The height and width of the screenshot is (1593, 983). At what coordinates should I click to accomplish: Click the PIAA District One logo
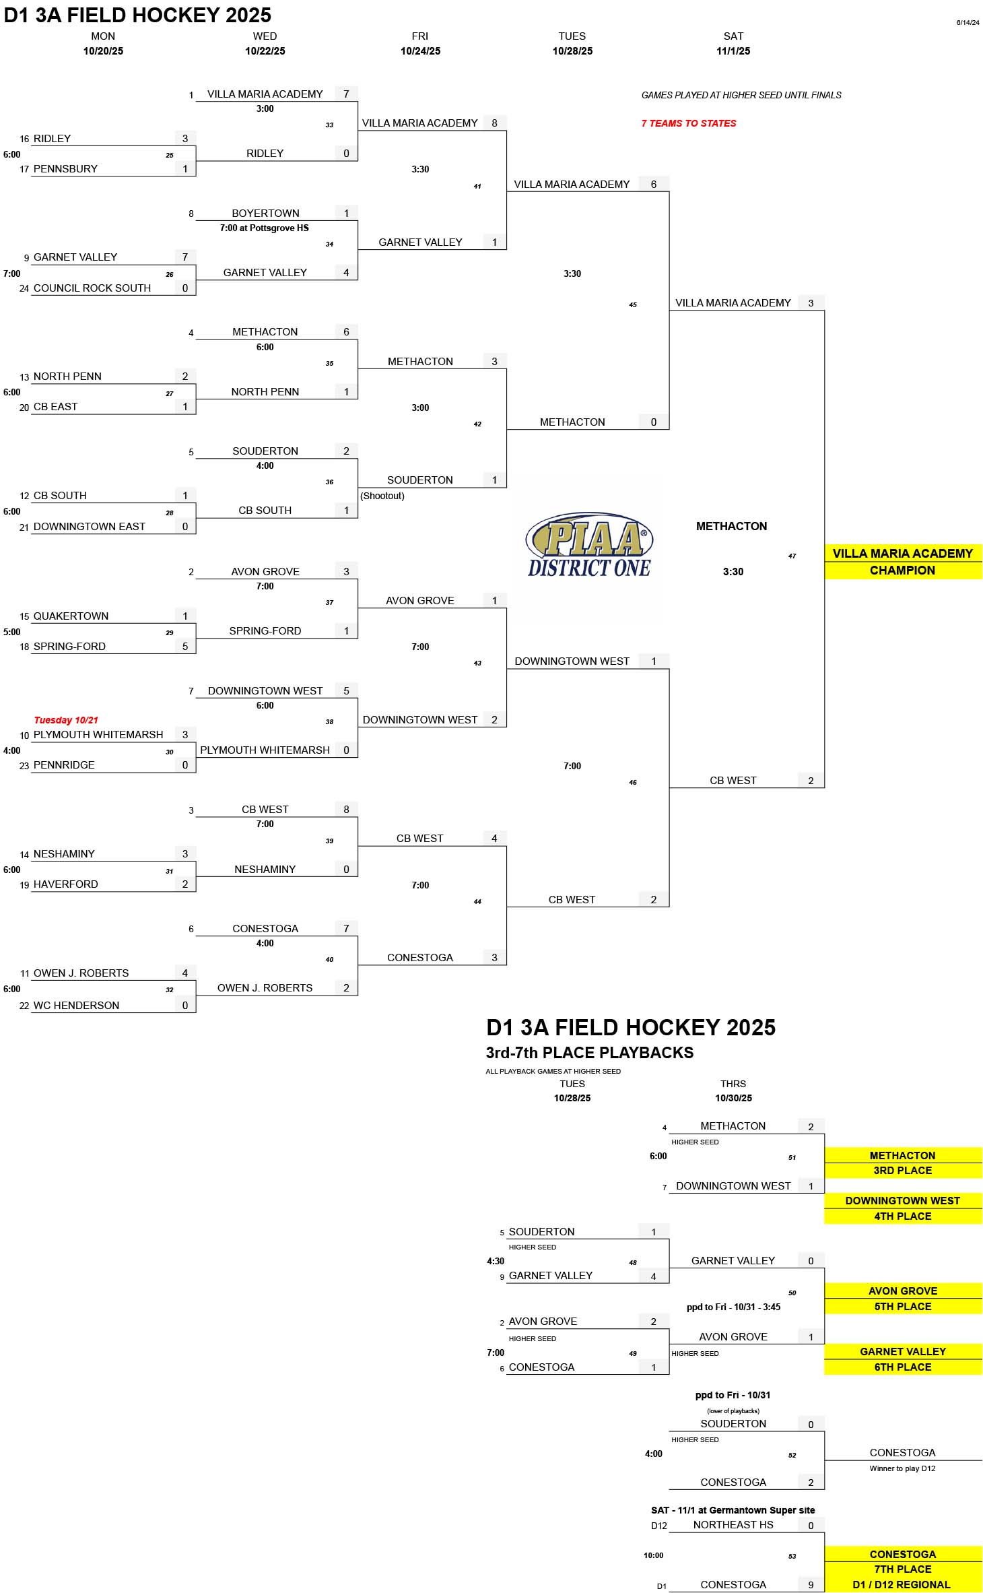click(x=588, y=546)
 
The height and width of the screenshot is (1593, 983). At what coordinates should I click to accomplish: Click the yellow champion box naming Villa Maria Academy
click(x=903, y=562)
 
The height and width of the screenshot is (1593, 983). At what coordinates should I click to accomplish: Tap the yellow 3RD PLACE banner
click(x=903, y=1171)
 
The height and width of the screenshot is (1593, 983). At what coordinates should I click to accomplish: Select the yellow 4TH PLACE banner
click(x=903, y=1216)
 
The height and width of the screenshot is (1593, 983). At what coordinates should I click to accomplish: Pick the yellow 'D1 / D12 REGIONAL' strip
click(x=903, y=1584)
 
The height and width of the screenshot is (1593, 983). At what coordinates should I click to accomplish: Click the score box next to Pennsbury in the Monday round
click(x=185, y=168)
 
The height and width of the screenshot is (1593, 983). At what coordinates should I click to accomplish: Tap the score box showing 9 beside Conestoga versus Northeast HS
click(x=811, y=1584)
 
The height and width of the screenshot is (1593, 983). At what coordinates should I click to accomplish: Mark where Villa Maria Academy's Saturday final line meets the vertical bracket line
click(x=824, y=311)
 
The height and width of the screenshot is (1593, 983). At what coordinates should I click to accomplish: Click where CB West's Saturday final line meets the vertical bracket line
click(x=824, y=787)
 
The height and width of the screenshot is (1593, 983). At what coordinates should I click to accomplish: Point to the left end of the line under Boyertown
click(x=196, y=220)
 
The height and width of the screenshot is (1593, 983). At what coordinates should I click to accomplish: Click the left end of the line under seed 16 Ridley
click(x=32, y=145)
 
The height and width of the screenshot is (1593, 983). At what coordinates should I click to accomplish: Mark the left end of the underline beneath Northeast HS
click(x=669, y=1532)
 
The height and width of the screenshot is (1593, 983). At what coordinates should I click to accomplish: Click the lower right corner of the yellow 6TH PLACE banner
click(x=982, y=1375)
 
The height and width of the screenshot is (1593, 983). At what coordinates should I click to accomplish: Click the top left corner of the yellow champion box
click(x=825, y=544)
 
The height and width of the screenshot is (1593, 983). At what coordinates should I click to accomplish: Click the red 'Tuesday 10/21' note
click(x=66, y=720)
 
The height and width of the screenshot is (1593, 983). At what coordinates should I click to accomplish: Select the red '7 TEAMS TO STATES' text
click(x=689, y=123)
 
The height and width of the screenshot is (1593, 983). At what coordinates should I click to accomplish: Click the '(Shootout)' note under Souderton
click(x=382, y=496)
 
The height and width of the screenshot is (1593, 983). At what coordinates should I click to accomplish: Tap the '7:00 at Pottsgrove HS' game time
click(x=265, y=228)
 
